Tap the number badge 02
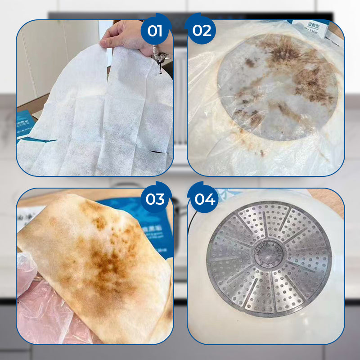202,31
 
